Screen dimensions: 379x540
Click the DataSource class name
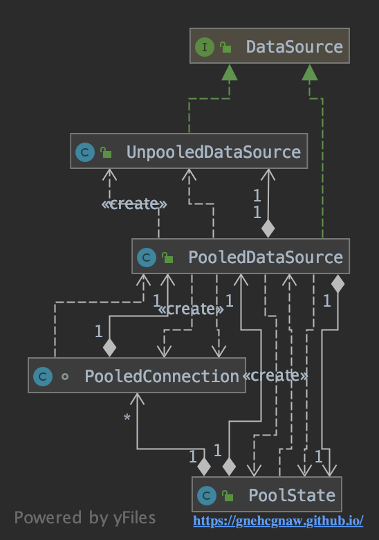click(x=295, y=47)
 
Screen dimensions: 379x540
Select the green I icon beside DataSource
click(x=205, y=47)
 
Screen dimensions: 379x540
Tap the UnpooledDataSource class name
click(x=214, y=152)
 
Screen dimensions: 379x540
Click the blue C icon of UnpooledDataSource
click(x=85, y=152)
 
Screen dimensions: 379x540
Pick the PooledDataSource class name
click(x=266, y=258)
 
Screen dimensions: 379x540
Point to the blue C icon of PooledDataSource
click(x=147, y=258)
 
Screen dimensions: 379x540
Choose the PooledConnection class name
click(x=162, y=376)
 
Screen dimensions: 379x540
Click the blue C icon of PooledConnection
click(x=43, y=376)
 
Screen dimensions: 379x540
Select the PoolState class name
click(x=292, y=495)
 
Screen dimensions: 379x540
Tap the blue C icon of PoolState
click(x=207, y=495)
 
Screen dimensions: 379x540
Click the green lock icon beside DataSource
click(x=225, y=47)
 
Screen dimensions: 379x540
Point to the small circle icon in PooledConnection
click(x=64, y=377)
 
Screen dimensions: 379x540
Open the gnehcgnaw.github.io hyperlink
click(x=278, y=521)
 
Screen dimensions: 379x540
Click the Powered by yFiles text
click(x=85, y=518)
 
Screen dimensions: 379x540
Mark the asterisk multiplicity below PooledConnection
click(x=127, y=417)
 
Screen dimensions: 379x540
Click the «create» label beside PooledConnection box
click(x=275, y=375)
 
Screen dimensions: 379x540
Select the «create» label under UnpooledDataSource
click(x=134, y=204)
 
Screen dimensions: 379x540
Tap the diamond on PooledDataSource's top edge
click(x=268, y=228)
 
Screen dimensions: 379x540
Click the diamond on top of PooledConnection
click(x=109, y=348)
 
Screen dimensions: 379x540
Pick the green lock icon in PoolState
click(x=228, y=496)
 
